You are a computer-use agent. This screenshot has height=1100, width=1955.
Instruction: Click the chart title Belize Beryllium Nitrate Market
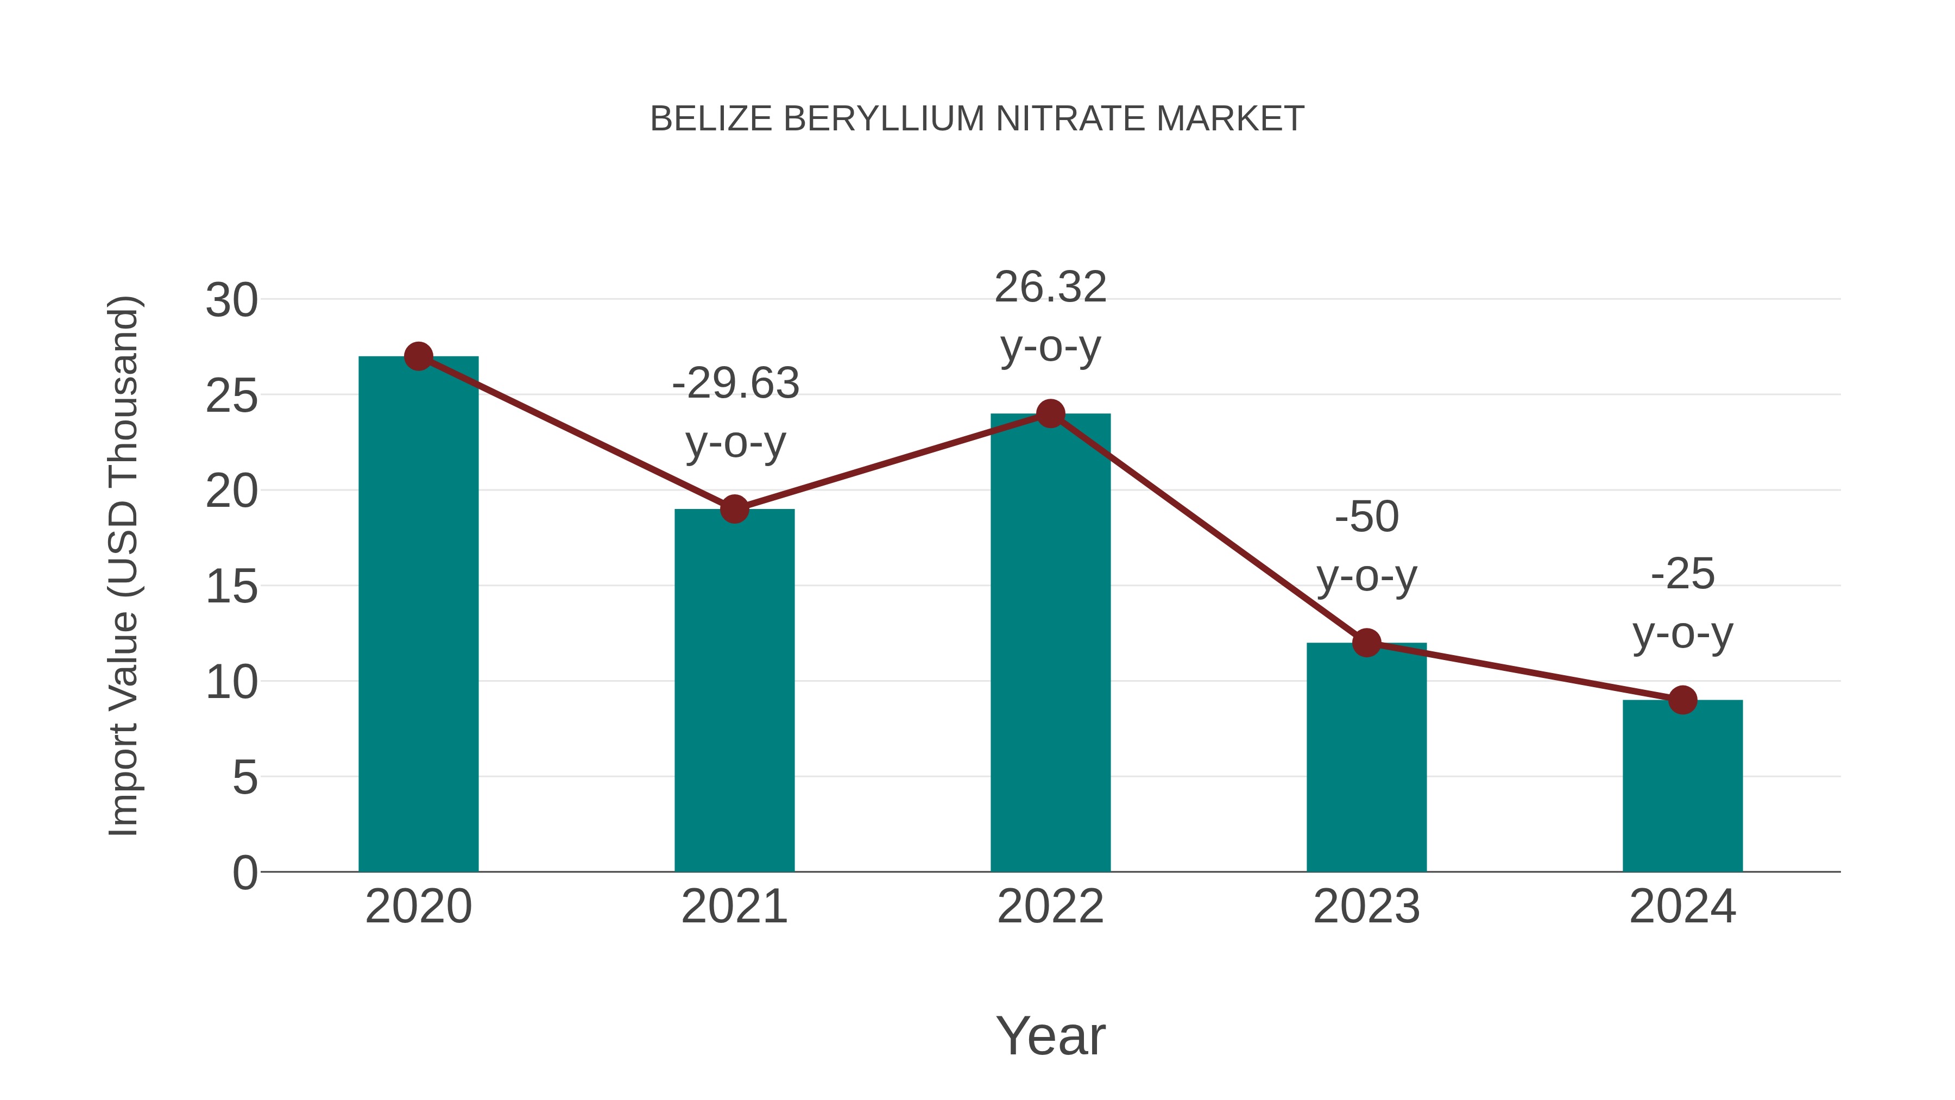[x=977, y=119]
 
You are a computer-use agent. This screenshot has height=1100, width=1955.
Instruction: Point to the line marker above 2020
[x=418, y=356]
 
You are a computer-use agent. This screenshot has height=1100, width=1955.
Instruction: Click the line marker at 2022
[x=1050, y=414]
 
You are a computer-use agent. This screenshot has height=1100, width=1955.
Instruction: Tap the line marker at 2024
[x=1682, y=700]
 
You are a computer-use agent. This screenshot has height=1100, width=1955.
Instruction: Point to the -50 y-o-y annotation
[x=1366, y=546]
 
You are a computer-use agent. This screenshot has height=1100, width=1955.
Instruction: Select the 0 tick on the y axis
[x=244, y=873]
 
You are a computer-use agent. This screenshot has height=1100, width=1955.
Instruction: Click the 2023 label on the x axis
[x=1366, y=907]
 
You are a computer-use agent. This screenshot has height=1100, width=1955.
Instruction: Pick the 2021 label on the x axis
[x=734, y=907]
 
